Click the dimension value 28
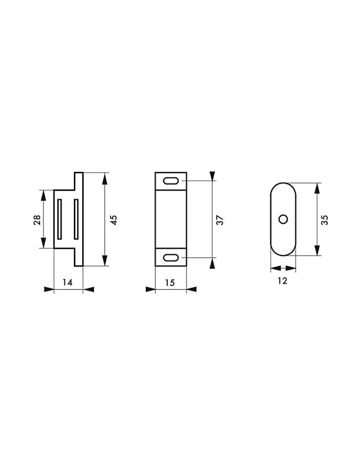click(37, 220)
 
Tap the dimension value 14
click(68, 282)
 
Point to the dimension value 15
click(170, 283)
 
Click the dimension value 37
click(220, 220)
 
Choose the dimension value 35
click(324, 220)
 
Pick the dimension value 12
click(282, 281)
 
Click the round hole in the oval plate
click(283, 219)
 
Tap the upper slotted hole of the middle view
click(171, 181)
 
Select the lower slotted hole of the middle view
click(171, 258)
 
